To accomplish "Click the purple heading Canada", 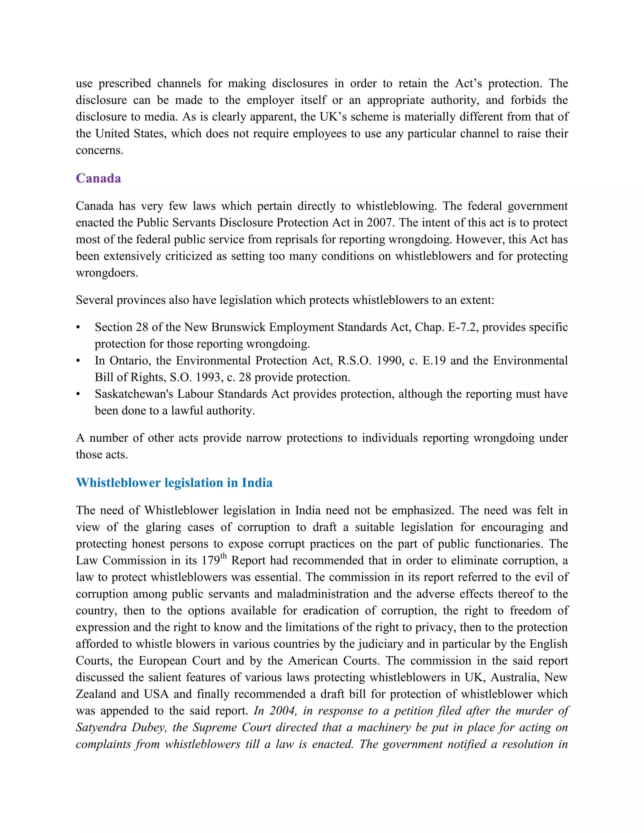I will click(x=98, y=179).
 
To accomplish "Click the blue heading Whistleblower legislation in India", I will click(x=174, y=483).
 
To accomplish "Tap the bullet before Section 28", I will click(x=78, y=328).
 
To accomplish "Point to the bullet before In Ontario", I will click(x=78, y=361).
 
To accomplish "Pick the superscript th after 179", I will click(x=224, y=556).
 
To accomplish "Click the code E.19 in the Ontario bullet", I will click(x=434, y=361).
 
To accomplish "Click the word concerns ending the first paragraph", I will click(x=99, y=150).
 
